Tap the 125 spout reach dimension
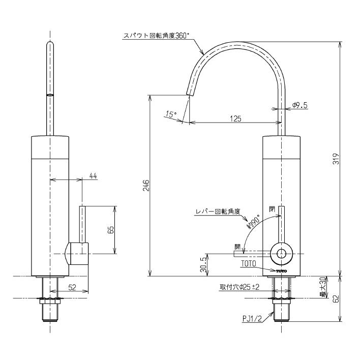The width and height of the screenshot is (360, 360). pos(235,118)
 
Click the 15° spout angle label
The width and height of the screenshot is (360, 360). pos(171,115)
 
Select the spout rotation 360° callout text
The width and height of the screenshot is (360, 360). pos(156,37)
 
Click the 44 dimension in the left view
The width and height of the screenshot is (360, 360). pos(93,175)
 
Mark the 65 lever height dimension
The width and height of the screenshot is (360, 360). pos(110,229)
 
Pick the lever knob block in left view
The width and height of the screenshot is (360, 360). pos(77,253)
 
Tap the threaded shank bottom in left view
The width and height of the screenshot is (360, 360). pos(49,314)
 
